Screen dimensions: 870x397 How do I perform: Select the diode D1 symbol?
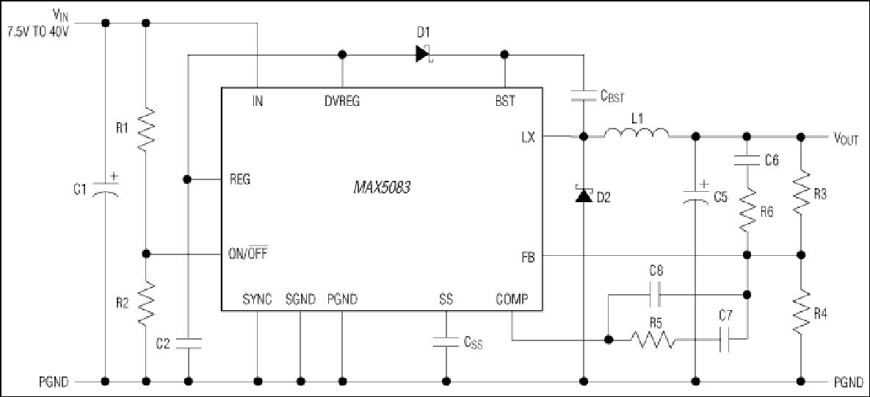[x=424, y=54]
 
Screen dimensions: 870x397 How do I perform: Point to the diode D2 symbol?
[x=584, y=195]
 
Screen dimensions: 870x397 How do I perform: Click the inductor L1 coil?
[x=637, y=133]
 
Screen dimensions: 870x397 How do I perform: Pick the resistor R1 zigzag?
[x=146, y=129]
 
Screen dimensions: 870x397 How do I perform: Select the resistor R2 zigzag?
[x=146, y=304]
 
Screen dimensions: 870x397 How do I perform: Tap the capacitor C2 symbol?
[x=189, y=343]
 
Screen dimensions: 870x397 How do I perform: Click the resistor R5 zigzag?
[x=653, y=339]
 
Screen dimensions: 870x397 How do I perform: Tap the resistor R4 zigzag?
[x=801, y=313]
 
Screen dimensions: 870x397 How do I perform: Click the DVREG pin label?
[x=342, y=101]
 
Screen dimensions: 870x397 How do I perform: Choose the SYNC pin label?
[x=258, y=300]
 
